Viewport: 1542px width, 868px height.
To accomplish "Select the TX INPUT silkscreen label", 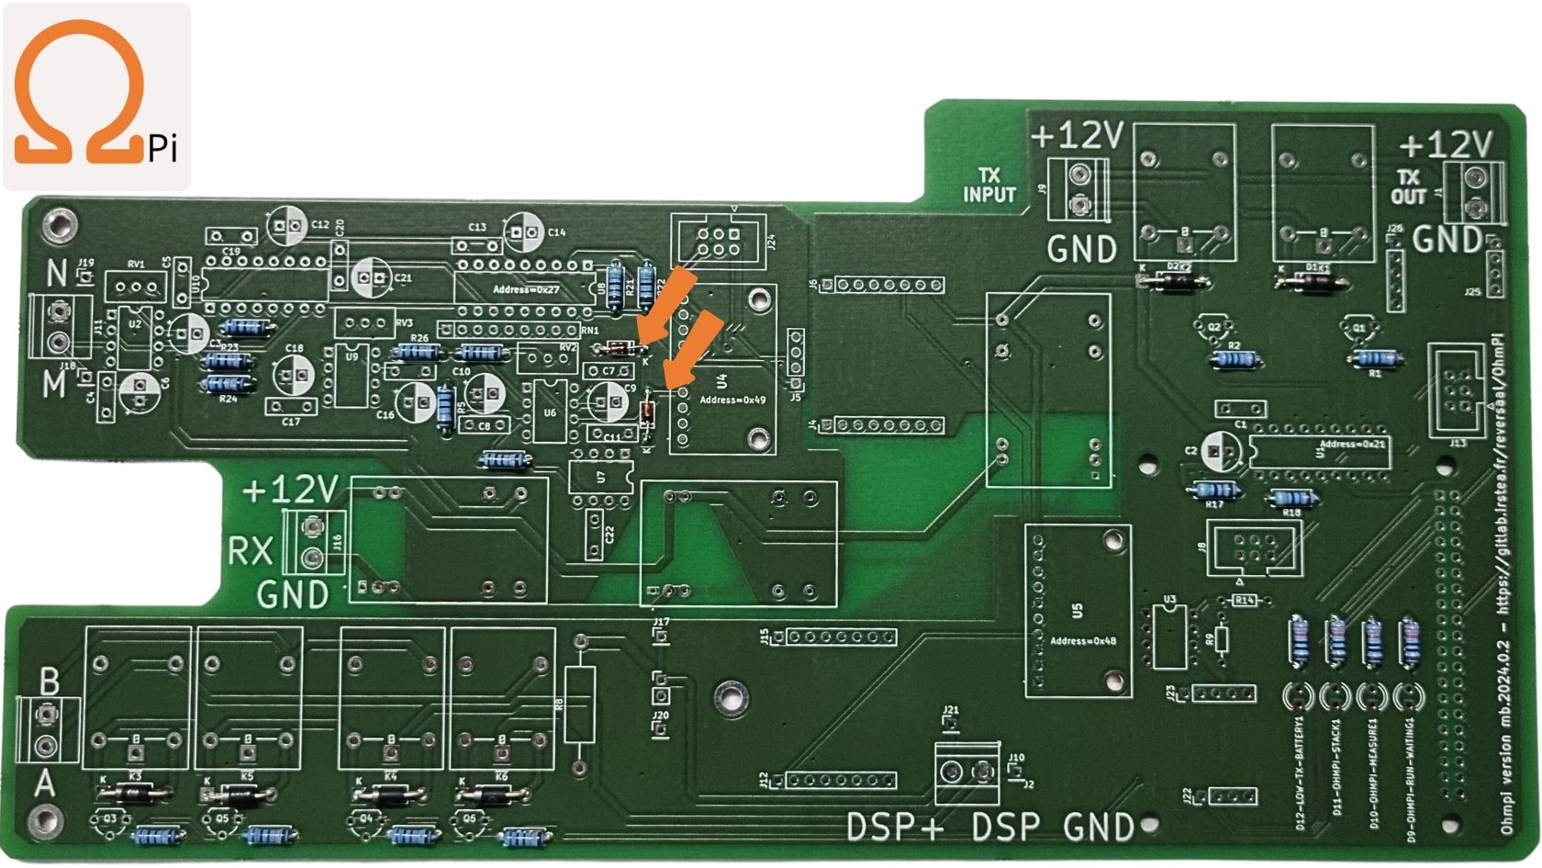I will point(989,185).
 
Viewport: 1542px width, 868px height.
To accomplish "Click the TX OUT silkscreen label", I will point(1408,186).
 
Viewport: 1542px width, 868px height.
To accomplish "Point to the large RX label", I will point(251,550).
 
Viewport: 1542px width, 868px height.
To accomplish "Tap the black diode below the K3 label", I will point(135,791).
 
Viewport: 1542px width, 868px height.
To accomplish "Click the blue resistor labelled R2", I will point(1235,359).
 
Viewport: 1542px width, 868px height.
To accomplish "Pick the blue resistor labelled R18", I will point(1292,499).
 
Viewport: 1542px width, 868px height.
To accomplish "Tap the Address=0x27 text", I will point(526,289).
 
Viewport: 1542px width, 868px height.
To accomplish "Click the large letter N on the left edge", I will point(57,273).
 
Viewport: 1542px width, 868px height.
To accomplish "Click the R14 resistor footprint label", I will point(1244,600).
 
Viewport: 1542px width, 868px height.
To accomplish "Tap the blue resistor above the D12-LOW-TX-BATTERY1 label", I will point(1300,640).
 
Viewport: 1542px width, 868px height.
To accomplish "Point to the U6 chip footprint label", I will point(549,412).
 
